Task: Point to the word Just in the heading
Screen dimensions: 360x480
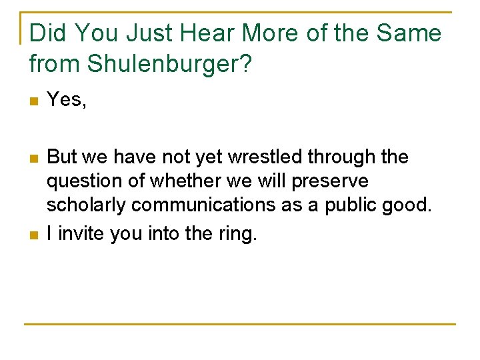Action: click(153, 33)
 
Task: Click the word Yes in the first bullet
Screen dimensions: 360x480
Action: click(63, 100)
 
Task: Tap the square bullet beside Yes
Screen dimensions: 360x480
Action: click(33, 101)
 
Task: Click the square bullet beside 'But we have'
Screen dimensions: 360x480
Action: click(33, 159)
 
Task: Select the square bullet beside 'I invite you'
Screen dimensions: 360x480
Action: click(33, 235)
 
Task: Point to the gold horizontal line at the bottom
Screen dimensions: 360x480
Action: click(240, 324)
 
